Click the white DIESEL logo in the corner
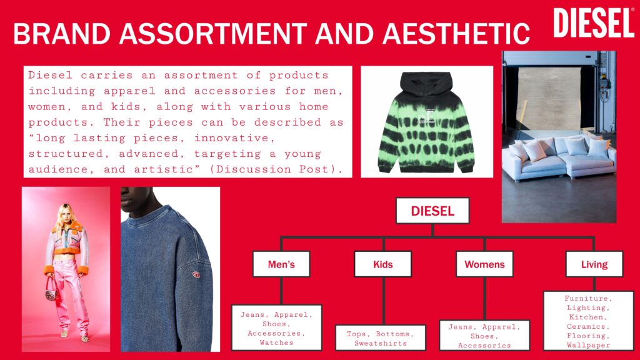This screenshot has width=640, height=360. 594,23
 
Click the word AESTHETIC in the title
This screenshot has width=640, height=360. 456,34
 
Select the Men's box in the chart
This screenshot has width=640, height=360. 281,264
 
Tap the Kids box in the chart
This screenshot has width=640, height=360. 383,264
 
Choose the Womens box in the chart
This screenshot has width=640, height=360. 484,264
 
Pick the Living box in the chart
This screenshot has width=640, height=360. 594,264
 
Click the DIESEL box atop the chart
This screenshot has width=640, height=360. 432,211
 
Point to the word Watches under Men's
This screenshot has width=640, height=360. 276,343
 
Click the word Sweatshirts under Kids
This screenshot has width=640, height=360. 381,343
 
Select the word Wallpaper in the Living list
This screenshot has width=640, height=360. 588,345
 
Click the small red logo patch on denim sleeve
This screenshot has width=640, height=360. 196,275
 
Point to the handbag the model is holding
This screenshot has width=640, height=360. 51,290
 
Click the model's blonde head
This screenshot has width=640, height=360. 65,214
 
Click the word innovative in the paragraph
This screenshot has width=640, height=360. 231,138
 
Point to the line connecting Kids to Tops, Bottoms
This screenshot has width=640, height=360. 384,301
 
